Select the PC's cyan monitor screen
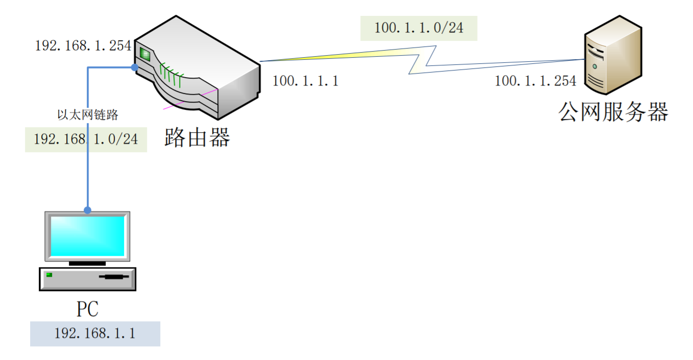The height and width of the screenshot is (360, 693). click(x=87, y=235)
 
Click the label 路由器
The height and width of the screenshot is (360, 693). click(x=197, y=137)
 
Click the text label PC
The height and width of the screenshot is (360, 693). click(x=87, y=309)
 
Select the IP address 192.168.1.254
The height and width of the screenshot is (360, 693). click(x=83, y=46)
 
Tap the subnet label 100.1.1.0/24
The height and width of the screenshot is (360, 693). click(x=418, y=28)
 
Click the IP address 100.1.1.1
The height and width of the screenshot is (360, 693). click(x=305, y=81)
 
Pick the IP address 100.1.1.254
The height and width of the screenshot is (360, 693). click(x=535, y=81)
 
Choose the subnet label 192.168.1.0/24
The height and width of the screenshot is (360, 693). click(x=86, y=139)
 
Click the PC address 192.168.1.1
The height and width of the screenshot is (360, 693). click(x=95, y=333)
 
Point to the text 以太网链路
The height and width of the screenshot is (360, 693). click(x=88, y=115)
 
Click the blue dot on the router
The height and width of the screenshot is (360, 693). click(x=134, y=67)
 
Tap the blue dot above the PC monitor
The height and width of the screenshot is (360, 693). click(x=88, y=210)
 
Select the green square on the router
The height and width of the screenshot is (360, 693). click(x=144, y=54)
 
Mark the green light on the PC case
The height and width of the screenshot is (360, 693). click(x=49, y=275)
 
